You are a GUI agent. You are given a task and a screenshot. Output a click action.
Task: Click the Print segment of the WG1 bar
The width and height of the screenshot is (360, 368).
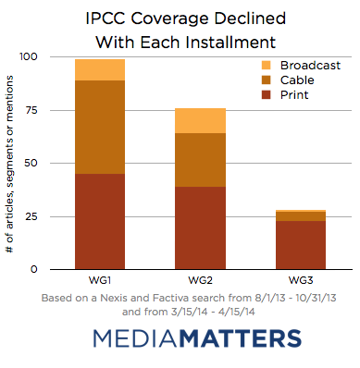coord(100,222)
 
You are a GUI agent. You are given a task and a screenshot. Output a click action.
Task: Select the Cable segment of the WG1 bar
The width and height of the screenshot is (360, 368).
coord(100,127)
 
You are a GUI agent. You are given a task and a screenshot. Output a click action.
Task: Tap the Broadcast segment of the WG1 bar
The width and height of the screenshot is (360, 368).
coord(100,70)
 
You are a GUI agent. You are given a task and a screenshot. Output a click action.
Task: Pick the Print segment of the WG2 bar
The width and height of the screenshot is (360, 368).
coord(200,228)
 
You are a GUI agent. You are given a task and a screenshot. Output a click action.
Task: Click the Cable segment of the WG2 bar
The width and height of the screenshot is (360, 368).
coord(200,160)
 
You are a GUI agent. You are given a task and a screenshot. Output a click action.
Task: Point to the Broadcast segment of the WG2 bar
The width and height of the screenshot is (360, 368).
coord(200,121)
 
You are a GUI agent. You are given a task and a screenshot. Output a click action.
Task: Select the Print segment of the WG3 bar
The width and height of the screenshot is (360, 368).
coord(301,245)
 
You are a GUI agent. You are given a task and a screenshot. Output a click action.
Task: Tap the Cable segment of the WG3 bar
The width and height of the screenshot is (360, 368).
coord(301,216)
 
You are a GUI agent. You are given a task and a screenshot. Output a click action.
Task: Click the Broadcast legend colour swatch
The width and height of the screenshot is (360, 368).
coord(266,66)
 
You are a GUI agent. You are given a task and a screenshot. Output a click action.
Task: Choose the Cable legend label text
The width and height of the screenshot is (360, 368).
coord(297,80)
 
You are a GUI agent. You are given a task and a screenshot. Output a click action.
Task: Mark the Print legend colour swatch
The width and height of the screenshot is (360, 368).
coord(266,94)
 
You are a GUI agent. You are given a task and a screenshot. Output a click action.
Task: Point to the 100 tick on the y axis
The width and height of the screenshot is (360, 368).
coord(29,56)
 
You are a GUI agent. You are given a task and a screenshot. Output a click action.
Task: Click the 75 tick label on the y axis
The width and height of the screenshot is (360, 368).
coord(31,110)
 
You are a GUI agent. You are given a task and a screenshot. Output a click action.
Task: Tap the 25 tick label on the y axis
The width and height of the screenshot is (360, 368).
coord(31,216)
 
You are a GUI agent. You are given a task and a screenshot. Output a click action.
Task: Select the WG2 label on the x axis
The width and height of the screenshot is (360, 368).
coord(200,280)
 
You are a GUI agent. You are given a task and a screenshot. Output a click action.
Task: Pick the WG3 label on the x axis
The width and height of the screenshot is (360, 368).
coord(301,280)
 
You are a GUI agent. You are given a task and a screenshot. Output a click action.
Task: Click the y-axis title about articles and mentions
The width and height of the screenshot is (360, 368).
coord(10,165)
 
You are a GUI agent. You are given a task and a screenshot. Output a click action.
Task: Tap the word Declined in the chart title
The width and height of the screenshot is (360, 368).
coord(250,18)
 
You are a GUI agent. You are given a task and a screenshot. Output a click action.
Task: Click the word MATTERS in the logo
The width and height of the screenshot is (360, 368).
coord(240,338)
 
